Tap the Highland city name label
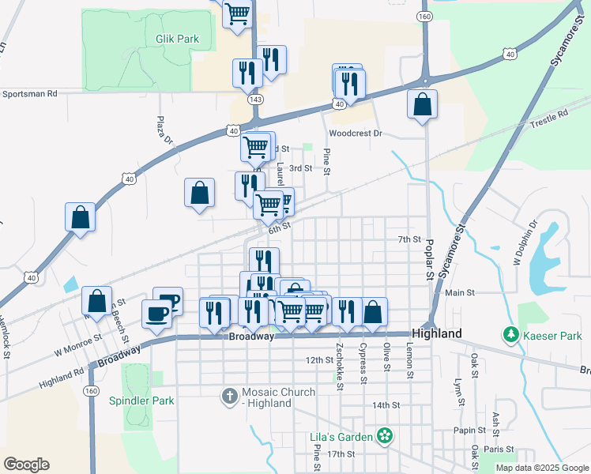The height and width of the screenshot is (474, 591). coord(437,334)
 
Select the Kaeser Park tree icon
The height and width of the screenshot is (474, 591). coord(510,336)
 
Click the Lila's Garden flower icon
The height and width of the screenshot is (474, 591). coord(385,435)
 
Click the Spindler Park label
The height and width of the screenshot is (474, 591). coord(141,401)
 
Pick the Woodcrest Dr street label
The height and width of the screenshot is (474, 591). coord(356,134)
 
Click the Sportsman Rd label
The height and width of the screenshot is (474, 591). coord(30,93)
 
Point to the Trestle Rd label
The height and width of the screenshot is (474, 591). coord(550,115)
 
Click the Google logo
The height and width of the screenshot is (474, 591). coord(27,465)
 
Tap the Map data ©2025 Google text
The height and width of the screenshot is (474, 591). coord(541,468)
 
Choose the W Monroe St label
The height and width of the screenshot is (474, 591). coord(78,344)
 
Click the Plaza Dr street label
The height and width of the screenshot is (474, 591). coord(164,130)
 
